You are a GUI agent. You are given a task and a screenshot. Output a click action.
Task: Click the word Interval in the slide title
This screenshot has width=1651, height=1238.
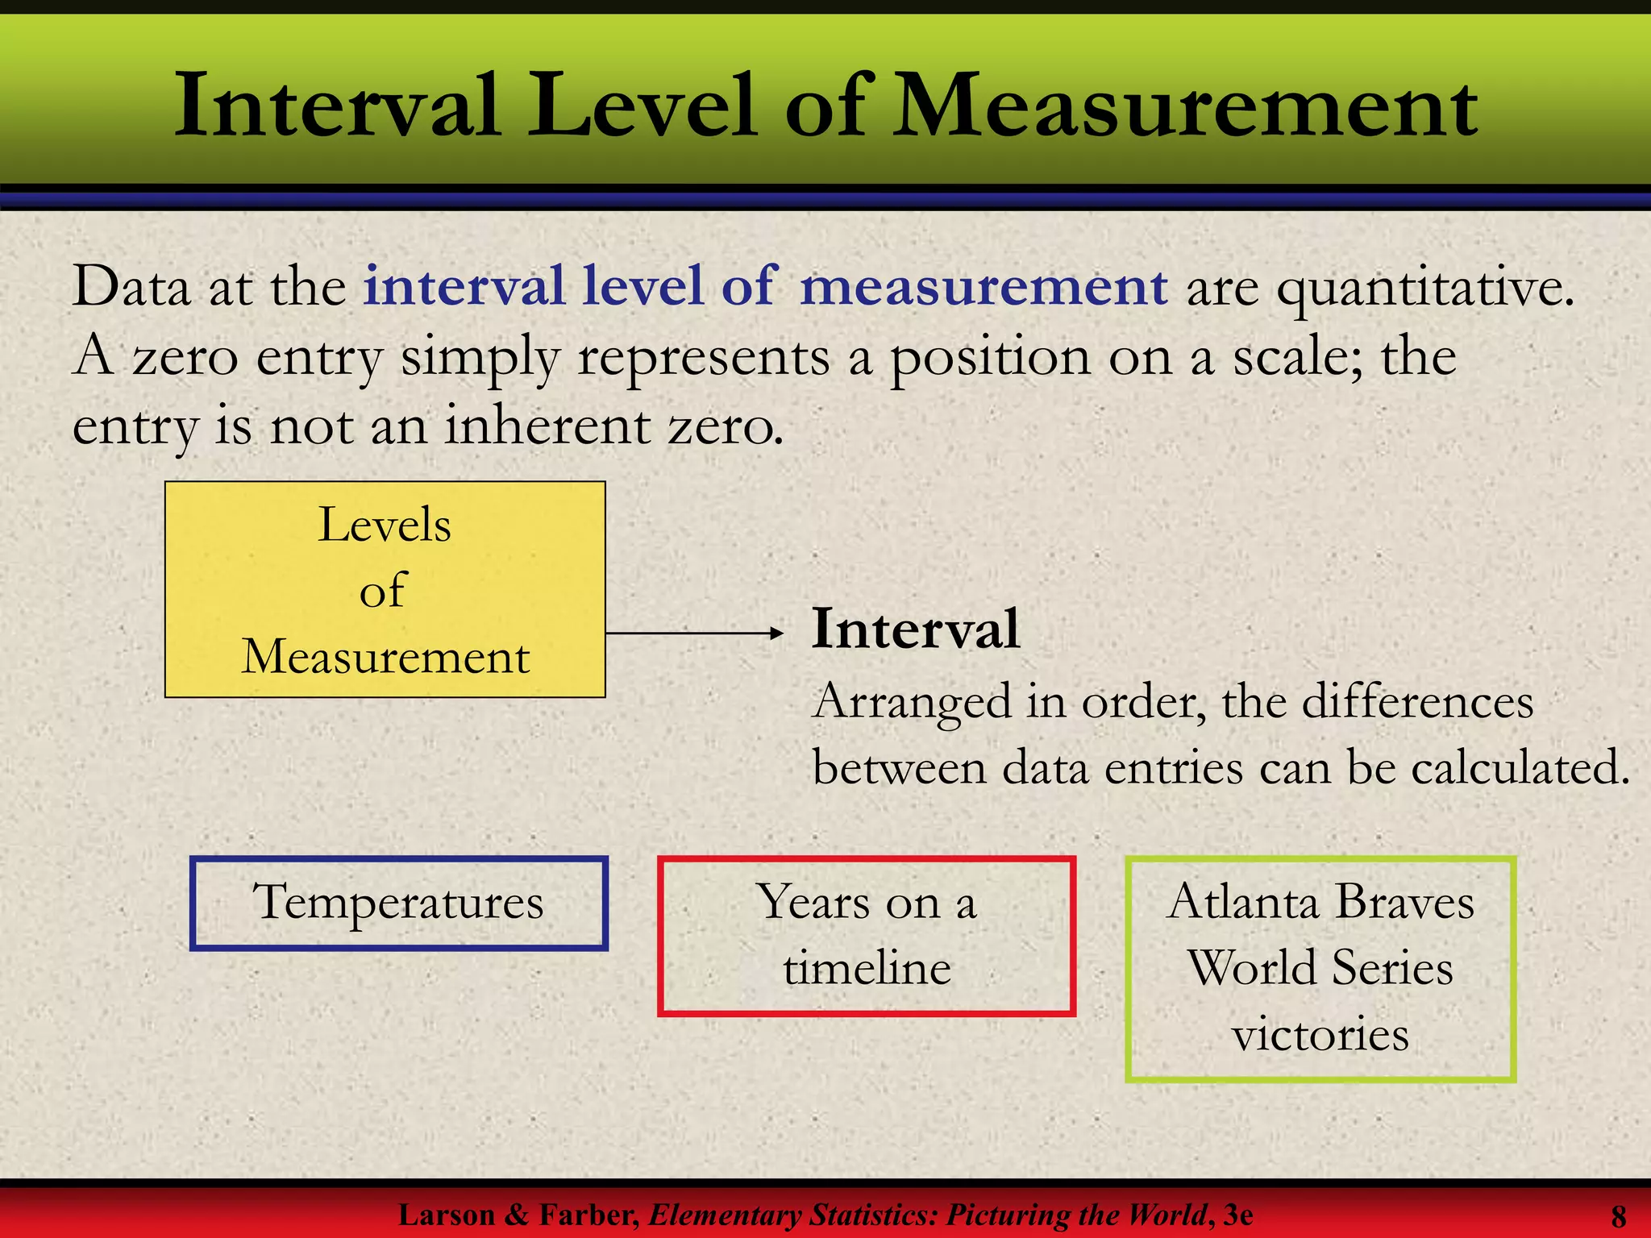point(336,106)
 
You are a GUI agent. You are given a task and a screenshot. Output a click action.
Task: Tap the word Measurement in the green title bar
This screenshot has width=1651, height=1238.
point(1185,106)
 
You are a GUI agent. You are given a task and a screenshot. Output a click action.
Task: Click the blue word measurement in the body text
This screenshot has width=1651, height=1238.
point(984,287)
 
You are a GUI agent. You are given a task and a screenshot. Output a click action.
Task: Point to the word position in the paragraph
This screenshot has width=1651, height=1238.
point(989,358)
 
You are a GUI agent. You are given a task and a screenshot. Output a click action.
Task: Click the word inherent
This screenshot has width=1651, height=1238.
point(548,426)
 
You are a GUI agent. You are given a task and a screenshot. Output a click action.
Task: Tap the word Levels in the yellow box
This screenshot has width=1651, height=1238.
point(385,526)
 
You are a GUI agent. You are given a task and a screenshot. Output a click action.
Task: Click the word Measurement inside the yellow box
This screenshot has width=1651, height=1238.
point(385,657)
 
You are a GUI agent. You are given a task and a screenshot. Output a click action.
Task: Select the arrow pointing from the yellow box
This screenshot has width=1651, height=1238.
point(694,634)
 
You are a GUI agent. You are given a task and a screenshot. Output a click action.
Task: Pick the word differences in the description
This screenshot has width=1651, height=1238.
point(1418,702)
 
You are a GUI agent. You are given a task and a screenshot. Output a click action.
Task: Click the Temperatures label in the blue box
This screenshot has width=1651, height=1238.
point(398,903)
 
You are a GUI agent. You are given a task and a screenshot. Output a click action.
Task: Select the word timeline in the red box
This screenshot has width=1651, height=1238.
point(867,968)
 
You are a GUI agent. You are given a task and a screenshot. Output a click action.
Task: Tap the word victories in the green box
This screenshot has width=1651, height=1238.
point(1320,1034)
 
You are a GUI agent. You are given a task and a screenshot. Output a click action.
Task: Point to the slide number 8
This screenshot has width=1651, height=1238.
point(1618,1215)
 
